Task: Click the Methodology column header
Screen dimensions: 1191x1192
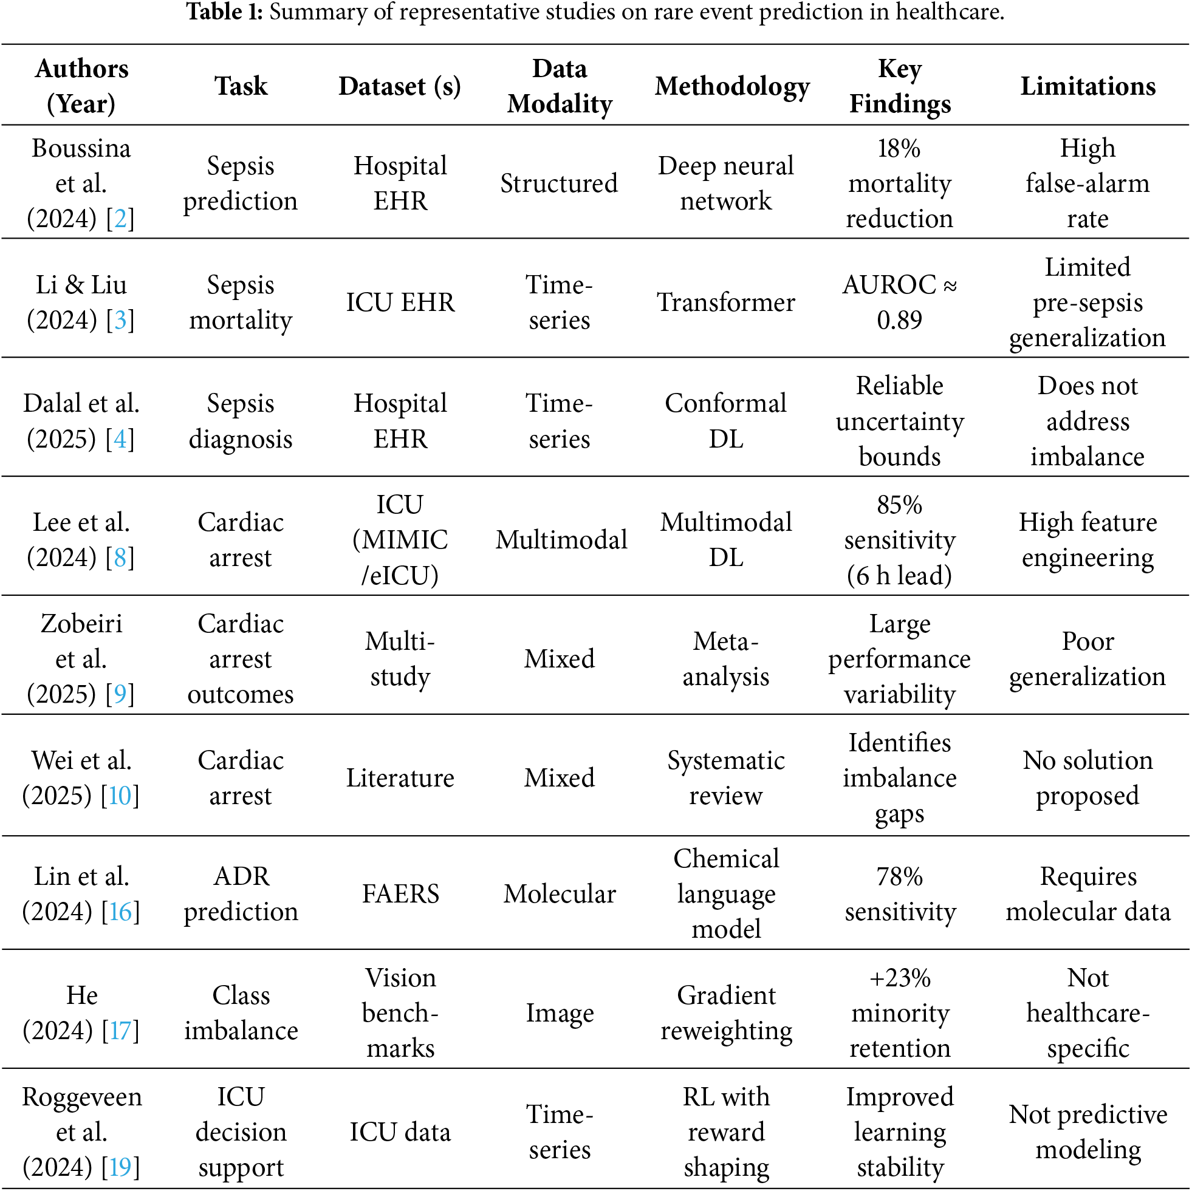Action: [x=731, y=86]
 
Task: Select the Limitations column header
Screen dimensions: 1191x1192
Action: [x=1087, y=86]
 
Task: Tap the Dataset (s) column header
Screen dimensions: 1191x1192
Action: [x=400, y=86]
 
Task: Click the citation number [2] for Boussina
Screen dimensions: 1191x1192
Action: [x=120, y=218]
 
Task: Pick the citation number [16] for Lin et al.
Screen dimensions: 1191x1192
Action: [x=120, y=912]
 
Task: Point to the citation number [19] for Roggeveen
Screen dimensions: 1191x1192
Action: [x=120, y=1166]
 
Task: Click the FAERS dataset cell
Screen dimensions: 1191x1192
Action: [x=400, y=894]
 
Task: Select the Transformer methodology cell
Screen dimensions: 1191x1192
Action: [x=725, y=302]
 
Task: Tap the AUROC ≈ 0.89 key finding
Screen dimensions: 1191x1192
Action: [x=899, y=302]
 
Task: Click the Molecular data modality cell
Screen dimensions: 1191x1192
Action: [x=559, y=894]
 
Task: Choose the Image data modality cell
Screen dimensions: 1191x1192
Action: [x=559, y=1013]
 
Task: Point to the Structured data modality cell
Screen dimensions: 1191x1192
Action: [x=559, y=183]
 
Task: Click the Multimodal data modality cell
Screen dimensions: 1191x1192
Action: [x=561, y=540]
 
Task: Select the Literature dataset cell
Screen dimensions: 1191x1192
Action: [x=400, y=778]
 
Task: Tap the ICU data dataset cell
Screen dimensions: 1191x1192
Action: [x=400, y=1132]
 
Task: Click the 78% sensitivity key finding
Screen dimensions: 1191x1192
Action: [x=899, y=894]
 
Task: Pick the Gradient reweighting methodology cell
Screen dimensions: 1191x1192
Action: [x=725, y=1013]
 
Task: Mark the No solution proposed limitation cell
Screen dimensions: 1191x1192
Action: [x=1087, y=778]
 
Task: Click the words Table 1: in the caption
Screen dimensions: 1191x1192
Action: [x=225, y=12]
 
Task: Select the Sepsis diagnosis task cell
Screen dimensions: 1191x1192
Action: [x=240, y=421]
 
